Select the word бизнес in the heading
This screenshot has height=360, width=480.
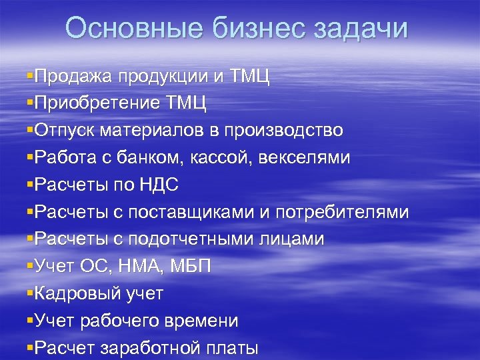tap(256, 29)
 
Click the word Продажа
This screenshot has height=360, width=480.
tap(73, 76)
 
